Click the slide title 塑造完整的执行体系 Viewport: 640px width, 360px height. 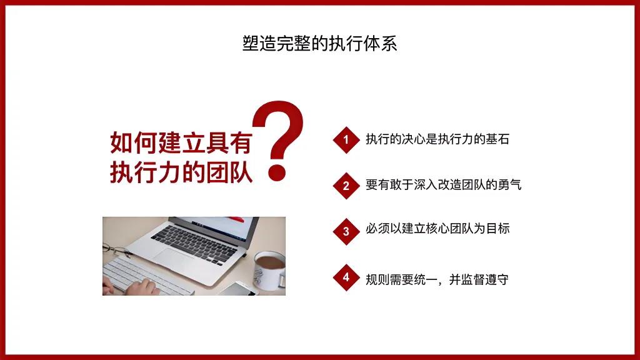pyautogui.click(x=319, y=44)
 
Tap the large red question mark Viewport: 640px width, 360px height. pyautogui.click(x=281, y=134)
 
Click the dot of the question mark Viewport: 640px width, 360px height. pyautogui.click(x=276, y=171)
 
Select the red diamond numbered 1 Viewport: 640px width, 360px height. pyautogui.click(x=346, y=139)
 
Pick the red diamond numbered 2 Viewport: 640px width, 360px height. pyautogui.click(x=346, y=186)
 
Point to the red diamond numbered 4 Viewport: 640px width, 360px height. pyautogui.click(x=346, y=277)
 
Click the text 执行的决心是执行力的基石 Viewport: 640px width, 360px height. pyautogui.click(x=437, y=139)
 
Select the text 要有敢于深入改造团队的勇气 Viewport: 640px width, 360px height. pyautogui.click(x=443, y=185)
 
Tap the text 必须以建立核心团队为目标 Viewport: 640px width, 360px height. pyautogui.click(x=437, y=229)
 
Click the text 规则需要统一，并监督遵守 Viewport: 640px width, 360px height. pyautogui.click(x=437, y=279)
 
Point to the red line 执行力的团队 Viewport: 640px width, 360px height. pyautogui.click(x=181, y=172)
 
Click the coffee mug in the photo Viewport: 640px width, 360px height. pyautogui.click(x=269, y=270)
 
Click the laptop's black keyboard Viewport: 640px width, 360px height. pyautogui.click(x=194, y=237)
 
